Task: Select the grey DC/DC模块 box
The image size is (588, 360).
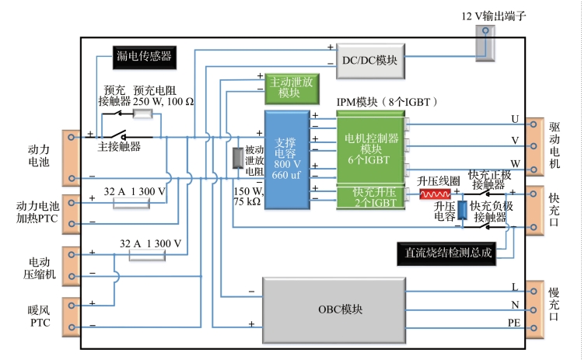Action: [x=370, y=59]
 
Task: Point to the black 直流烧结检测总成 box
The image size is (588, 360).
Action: [x=443, y=252]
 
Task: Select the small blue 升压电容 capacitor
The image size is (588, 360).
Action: [x=462, y=211]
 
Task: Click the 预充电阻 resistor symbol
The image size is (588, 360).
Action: [x=142, y=113]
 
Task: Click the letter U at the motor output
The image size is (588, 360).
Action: [x=514, y=118]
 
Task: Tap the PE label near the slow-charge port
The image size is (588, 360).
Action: [x=514, y=322]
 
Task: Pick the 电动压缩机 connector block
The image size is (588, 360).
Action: [x=71, y=264]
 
